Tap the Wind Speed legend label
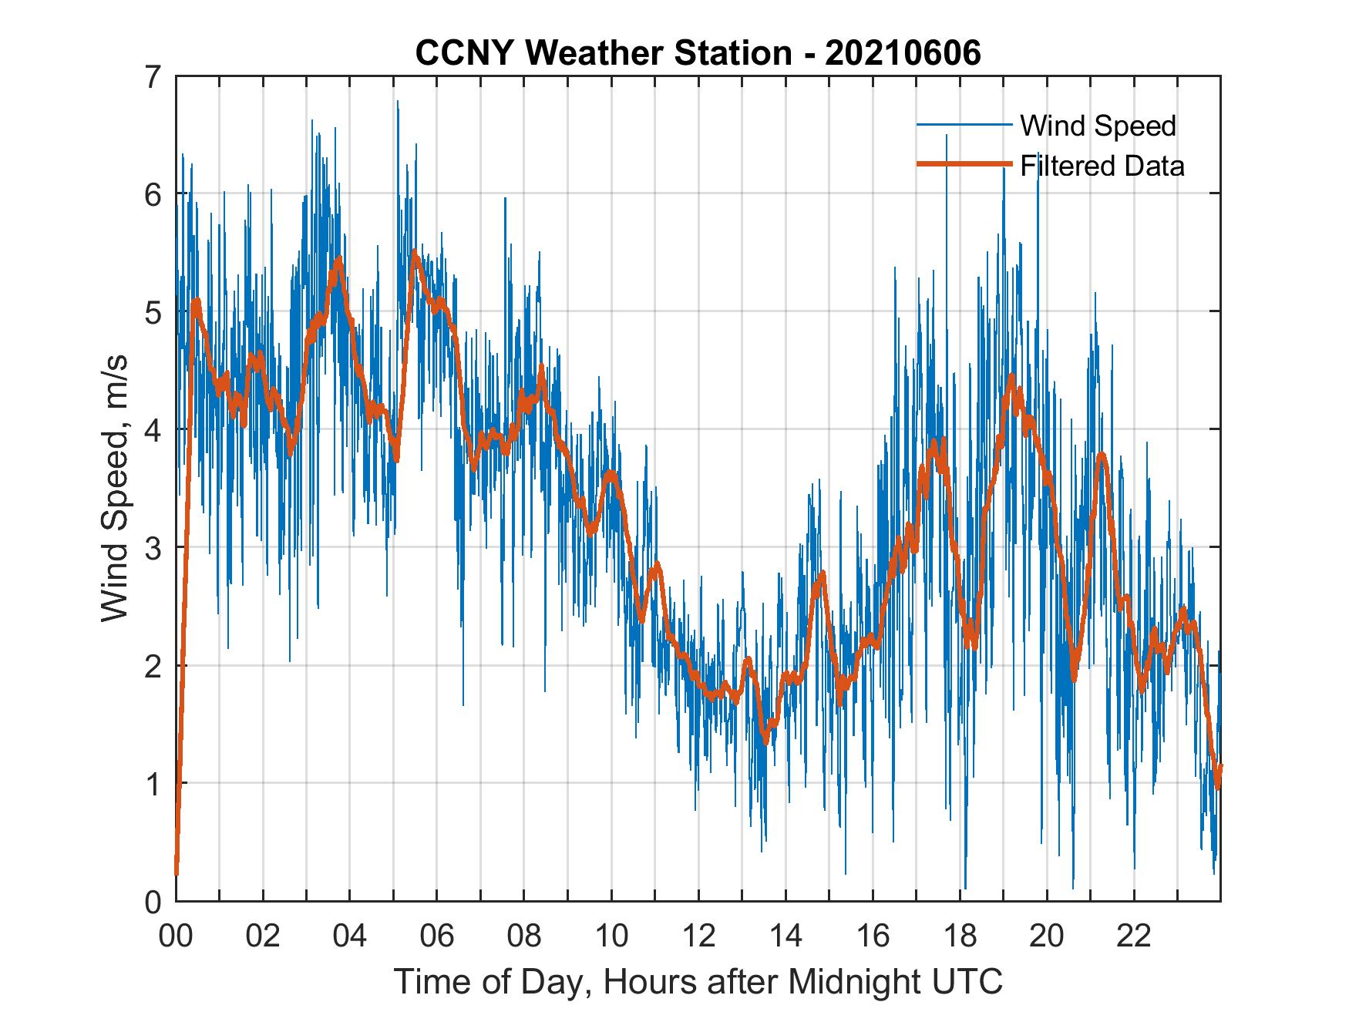pos(1098,126)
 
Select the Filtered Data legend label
pos(1102,166)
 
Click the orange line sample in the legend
pos(964,164)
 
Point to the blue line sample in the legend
pos(964,125)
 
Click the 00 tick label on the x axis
pos(176,936)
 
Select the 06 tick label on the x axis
pos(437,936)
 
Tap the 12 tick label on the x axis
pos(698,936)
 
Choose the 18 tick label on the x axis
pos(960,936)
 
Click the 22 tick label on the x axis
pos(1134,936)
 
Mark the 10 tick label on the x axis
pos(611,936)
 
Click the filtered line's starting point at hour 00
pos(177,873)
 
